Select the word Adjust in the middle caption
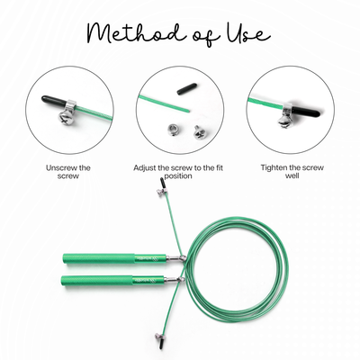point(149,167)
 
